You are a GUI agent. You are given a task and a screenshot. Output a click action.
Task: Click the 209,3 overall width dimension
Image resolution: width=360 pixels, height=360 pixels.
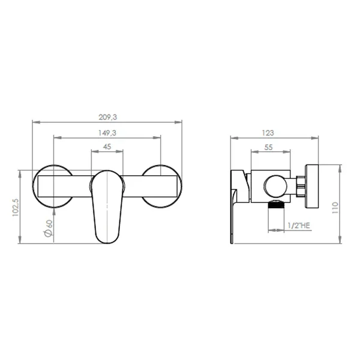[107, 118]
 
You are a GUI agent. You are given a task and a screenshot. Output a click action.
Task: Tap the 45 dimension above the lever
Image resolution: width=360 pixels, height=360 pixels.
[107, 146]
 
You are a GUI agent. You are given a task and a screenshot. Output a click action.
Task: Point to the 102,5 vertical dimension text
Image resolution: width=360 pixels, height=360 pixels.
[16, 208]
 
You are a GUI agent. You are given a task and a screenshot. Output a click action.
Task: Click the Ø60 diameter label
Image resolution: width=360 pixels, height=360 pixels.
[48, 229]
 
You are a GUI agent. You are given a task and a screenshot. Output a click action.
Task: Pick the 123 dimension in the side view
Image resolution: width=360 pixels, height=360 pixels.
[268, 133]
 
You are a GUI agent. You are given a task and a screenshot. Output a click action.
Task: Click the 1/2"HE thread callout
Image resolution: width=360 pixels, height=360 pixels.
[299, 226]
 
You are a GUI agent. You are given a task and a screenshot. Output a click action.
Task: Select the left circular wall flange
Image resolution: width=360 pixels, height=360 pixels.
[53, 185]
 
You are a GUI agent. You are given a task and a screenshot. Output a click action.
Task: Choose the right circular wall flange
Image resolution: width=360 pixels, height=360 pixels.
[161, 185]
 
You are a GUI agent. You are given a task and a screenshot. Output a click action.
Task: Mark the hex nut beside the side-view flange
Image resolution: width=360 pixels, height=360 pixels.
[301, 186]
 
